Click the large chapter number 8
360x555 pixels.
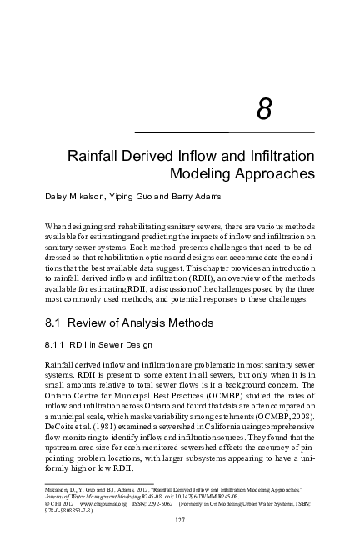pos(263,110)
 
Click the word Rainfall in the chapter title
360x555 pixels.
pos(93,157)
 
